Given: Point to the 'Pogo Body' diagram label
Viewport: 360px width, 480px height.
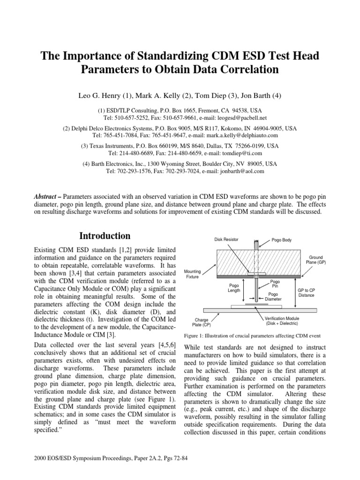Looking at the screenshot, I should click(282, 240).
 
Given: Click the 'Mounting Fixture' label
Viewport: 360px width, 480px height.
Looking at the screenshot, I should click(193, 274).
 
